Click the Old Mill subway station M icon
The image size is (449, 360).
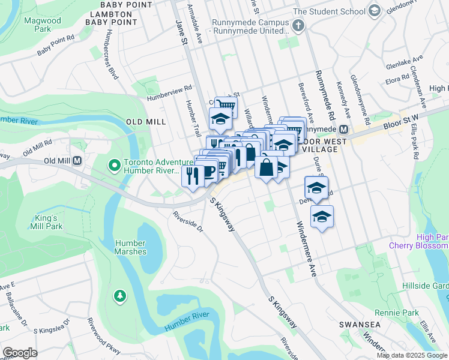[77, 161]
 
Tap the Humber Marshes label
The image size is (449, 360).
[130, 247]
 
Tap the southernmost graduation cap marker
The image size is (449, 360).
[322, 217]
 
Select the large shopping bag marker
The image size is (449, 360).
[267, 166]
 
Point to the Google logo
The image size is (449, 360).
[20, 353]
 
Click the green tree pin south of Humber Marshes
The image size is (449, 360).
[120, 295]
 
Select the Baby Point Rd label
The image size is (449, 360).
[55, 45]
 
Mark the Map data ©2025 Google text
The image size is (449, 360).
[411, 355]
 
